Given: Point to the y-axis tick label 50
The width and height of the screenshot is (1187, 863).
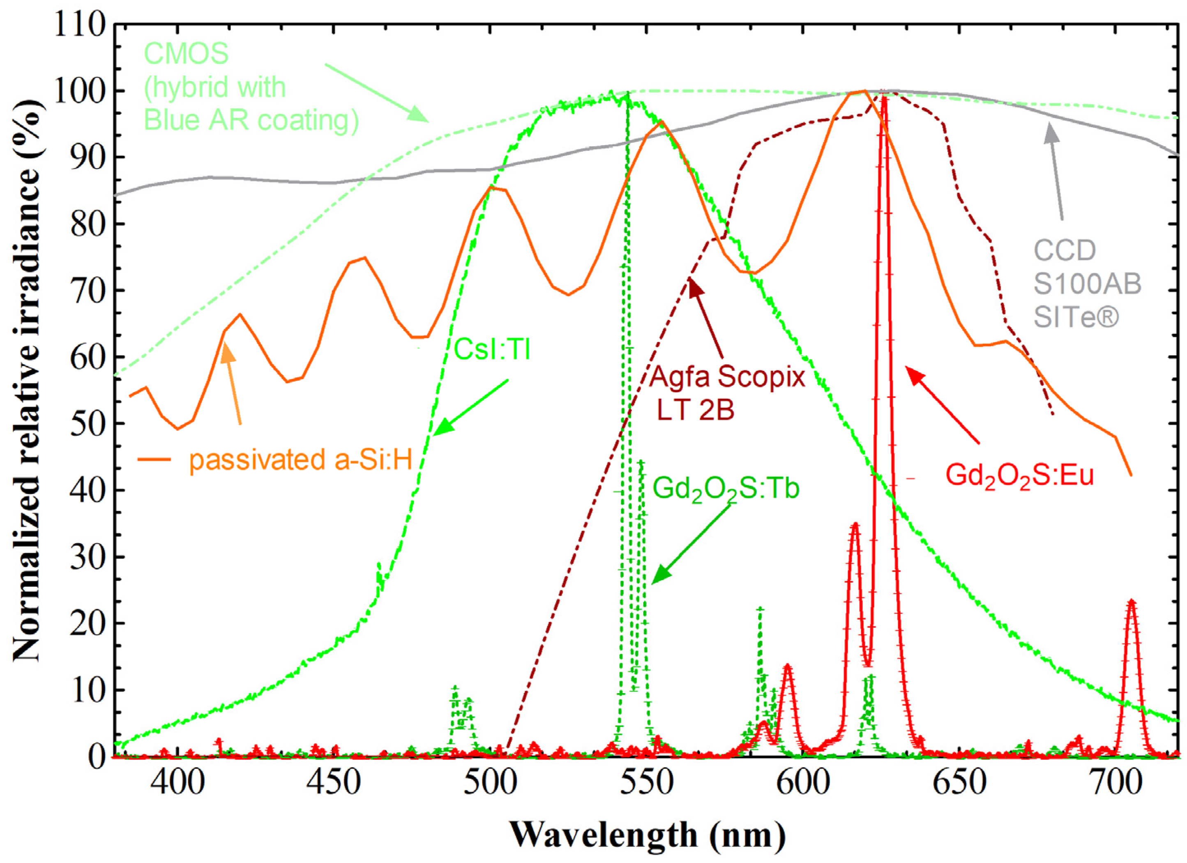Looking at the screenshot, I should (x=87, y=423).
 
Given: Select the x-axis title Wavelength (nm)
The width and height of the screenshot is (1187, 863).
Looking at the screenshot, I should (x=648, y=835).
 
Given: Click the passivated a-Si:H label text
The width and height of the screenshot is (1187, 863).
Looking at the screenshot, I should (x=300, y=460).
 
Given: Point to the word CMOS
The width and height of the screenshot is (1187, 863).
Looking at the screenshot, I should (x=186, y=53).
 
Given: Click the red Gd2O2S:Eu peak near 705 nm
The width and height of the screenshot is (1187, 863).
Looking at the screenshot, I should (x=1131, y=602).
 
